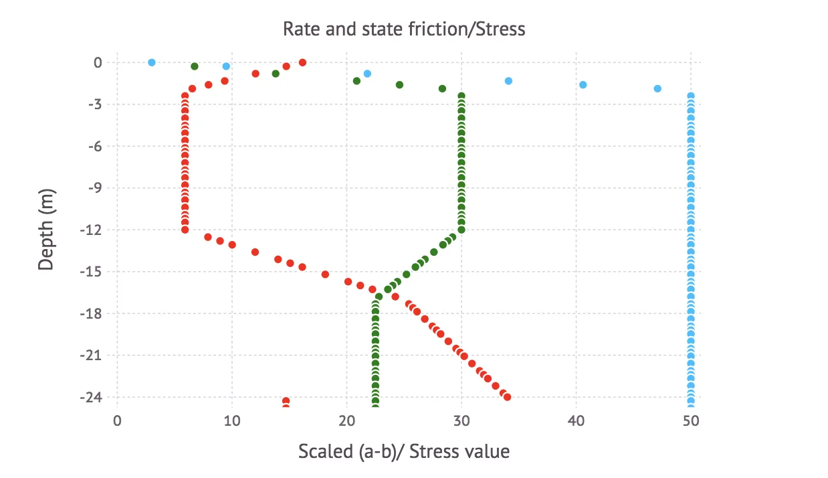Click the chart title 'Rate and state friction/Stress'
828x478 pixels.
404,29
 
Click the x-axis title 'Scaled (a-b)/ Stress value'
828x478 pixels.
404,452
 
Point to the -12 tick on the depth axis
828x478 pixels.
93,230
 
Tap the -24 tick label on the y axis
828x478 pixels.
93,397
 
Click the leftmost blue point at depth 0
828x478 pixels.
152,62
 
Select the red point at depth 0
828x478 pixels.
302,62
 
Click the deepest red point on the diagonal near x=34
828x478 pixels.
507,397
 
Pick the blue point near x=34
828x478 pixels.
508,81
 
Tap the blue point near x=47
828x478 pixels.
657,88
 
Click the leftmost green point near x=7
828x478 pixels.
195,66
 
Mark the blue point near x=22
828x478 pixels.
367,74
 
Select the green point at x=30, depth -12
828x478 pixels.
461,230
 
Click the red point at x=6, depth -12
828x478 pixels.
185,230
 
